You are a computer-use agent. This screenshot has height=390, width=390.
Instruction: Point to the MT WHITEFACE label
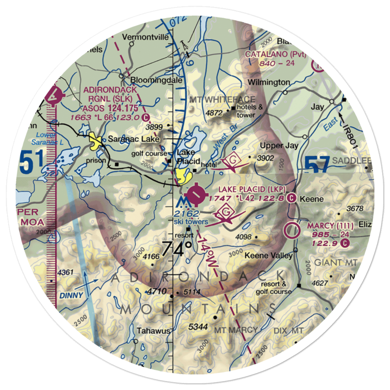tap(222, 99)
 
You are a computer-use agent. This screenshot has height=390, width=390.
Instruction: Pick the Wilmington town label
tap(269, 82)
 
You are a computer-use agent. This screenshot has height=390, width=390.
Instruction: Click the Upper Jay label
tap(280, 145)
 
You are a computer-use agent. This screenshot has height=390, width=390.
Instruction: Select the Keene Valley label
tap(269, 256)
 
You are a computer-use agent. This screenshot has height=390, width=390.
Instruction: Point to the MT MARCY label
tap(237, 330)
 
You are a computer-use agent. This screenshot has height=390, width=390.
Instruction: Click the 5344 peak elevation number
tap(197, 327)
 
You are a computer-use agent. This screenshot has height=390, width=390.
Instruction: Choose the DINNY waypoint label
tap(71, 295)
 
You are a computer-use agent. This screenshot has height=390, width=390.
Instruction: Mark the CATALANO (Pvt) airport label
tap(276, 54)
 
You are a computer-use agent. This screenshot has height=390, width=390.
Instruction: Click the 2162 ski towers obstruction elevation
tap(187, 213)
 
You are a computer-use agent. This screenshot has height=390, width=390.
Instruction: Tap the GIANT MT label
tap(336, 263)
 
